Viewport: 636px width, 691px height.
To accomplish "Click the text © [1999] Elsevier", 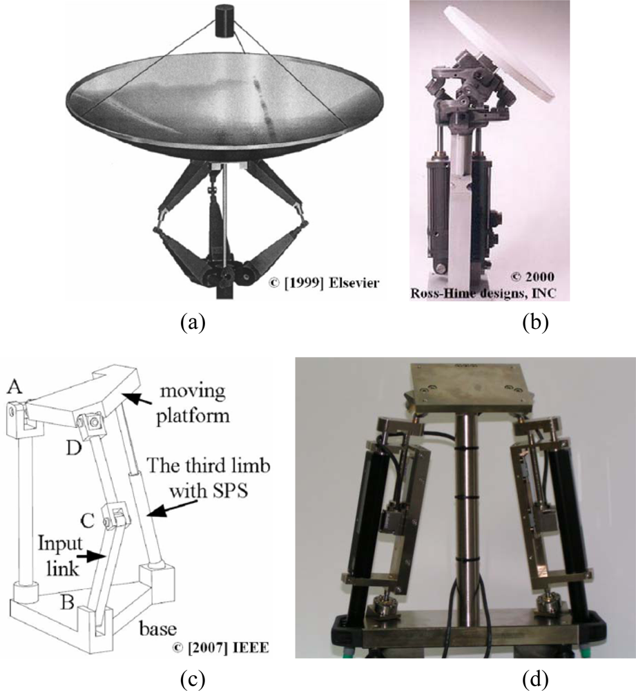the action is [x=324, y=282].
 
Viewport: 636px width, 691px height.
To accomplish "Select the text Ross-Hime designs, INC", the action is [x=483, y=292].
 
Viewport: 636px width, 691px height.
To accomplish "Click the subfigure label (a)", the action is [x=193, y=323].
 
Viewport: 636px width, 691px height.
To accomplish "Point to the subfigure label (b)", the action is [x=535, y=323].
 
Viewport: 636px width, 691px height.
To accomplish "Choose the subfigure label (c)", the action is [x=193, y=679].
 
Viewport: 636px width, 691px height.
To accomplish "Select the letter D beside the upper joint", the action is [x=75, y=448].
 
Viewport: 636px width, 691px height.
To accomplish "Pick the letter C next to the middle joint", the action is [x=87, y=520].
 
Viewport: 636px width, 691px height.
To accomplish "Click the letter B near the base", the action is [x=68, y=602].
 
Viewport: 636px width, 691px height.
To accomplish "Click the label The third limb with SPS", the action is [x=209, y=477].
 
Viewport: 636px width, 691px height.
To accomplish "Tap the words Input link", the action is [x=59, y=556].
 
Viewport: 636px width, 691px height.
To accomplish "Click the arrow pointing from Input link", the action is [x=94, y=557].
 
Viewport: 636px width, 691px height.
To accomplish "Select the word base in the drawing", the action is [x=157, y=629].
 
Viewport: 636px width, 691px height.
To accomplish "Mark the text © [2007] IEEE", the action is [x=220, y=648].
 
